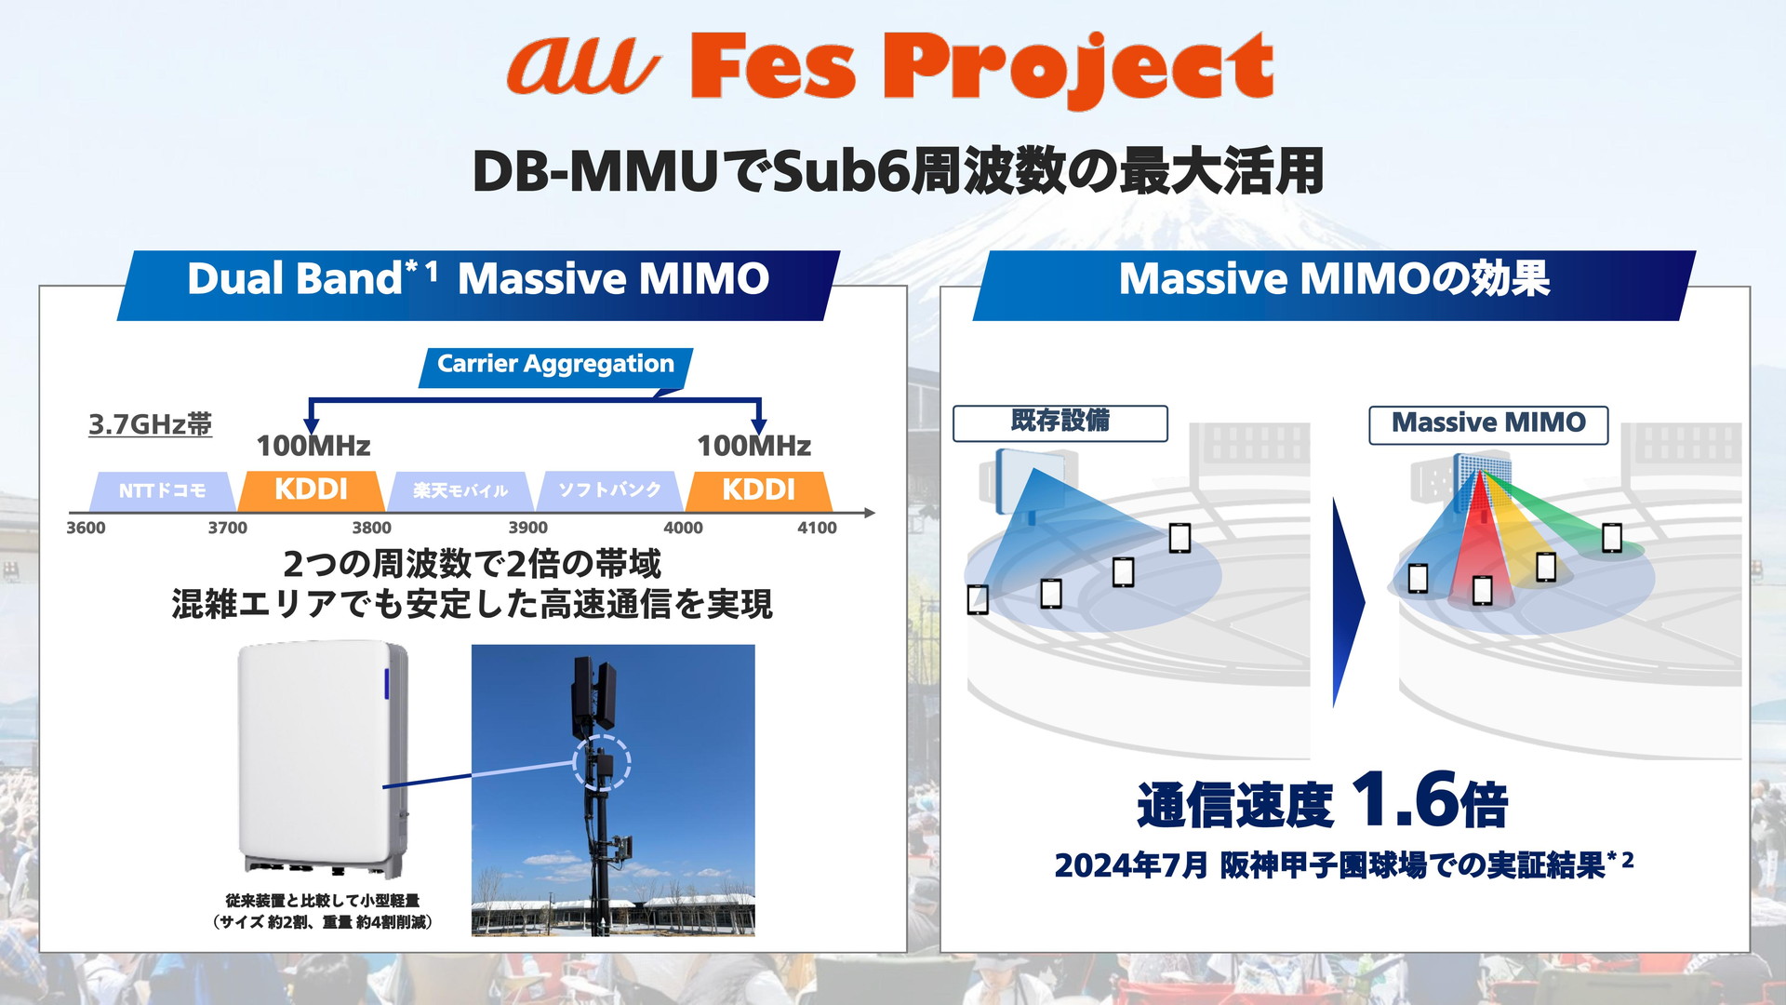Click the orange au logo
(x=582, y=64)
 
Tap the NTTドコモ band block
(x=162, y=490)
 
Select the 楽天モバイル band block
(x=460, y=490)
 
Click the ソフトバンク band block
(x=609, y=490)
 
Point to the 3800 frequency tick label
(x=371, y=528)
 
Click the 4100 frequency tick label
(x=817, y=528)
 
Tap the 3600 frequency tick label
(x=86, y=528)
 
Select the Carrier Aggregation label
(x=555, y=365)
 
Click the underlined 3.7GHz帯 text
(x=150, y=424)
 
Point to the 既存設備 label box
(x=1060, y=422)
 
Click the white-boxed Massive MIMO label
(x=1488, y=423)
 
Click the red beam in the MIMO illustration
(x=1477, y=540)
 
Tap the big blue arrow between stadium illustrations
(x=1348, y=603)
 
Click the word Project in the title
(x=1077, y=67)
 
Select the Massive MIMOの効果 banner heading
(x=1334, y=279)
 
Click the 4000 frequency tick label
(x=683, y=528)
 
